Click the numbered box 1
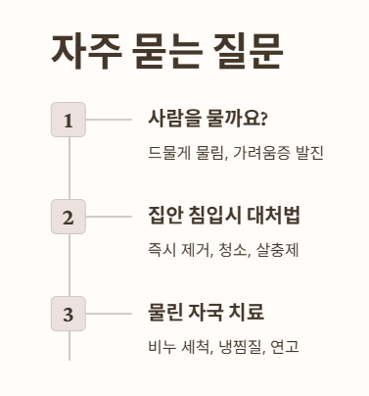tap(69, 121)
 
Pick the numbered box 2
tap(69, 217)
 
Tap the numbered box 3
tap(69, 314)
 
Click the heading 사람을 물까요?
tap(208, 120)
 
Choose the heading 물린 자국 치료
tap(206, 313)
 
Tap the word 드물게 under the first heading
tap(168, 153)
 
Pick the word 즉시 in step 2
tap(161, 250)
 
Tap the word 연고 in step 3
tap(284, 346)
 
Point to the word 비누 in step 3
tap(161, 346)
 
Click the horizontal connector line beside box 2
tap(108, 217)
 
